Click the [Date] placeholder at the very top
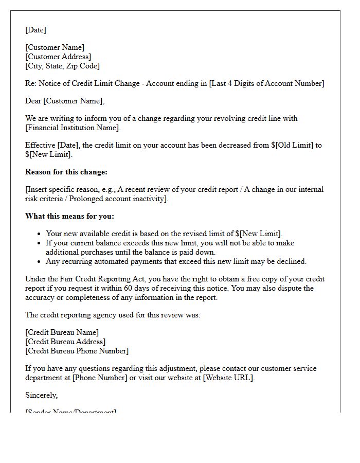(35, 30)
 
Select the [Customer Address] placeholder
(58, 57)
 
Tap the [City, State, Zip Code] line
(62, 66)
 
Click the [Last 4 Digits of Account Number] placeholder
(266, 83)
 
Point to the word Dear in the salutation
(33, 101)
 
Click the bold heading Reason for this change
(66, 172)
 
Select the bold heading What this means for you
(69, 216)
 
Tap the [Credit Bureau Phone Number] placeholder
(77, 351)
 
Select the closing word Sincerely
(41, 395)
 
